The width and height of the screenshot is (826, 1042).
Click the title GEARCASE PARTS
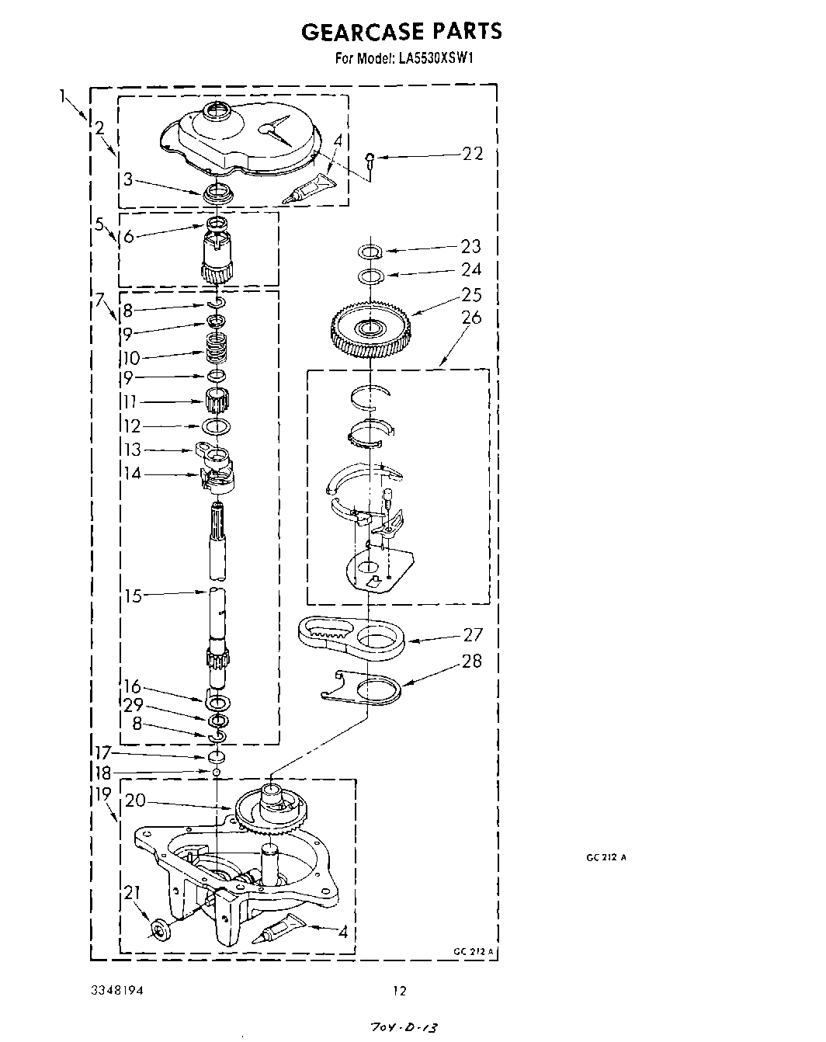point(401,31)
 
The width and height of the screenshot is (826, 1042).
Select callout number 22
point(472,154)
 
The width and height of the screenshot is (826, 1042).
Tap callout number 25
point(471,295)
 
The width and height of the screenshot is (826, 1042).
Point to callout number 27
point(473,634)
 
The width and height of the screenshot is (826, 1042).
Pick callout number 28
point(471,662)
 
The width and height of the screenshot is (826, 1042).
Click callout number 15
point(134,596)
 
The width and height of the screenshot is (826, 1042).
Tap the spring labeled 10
point(218,350)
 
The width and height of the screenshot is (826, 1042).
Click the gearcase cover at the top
point(241,140)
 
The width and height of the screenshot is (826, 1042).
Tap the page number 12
point(399,991)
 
